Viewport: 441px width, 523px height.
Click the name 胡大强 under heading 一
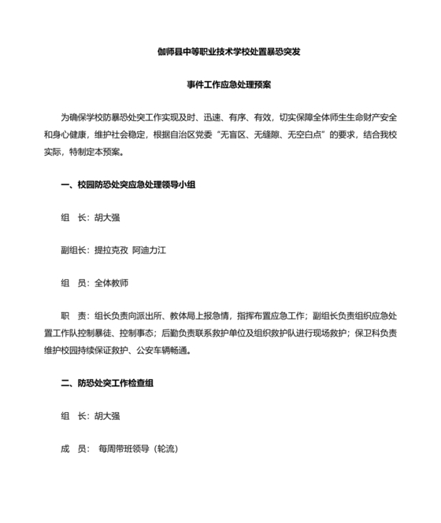(109, 219)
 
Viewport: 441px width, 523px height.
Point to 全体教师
(111, 282)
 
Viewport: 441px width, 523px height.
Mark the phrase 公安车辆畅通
(163, 351)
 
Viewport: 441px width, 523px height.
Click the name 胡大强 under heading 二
(109, 416)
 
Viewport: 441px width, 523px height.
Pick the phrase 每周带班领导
(124, 448)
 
